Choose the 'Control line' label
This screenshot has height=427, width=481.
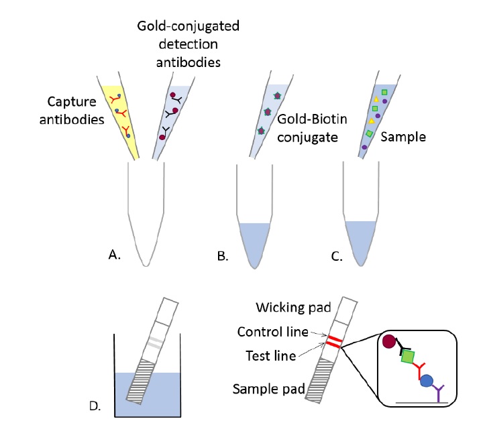point(272,332)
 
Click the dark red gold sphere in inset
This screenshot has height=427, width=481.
point(389,342)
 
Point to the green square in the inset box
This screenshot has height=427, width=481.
point(405,357)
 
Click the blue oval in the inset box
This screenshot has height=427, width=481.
point(426,382)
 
